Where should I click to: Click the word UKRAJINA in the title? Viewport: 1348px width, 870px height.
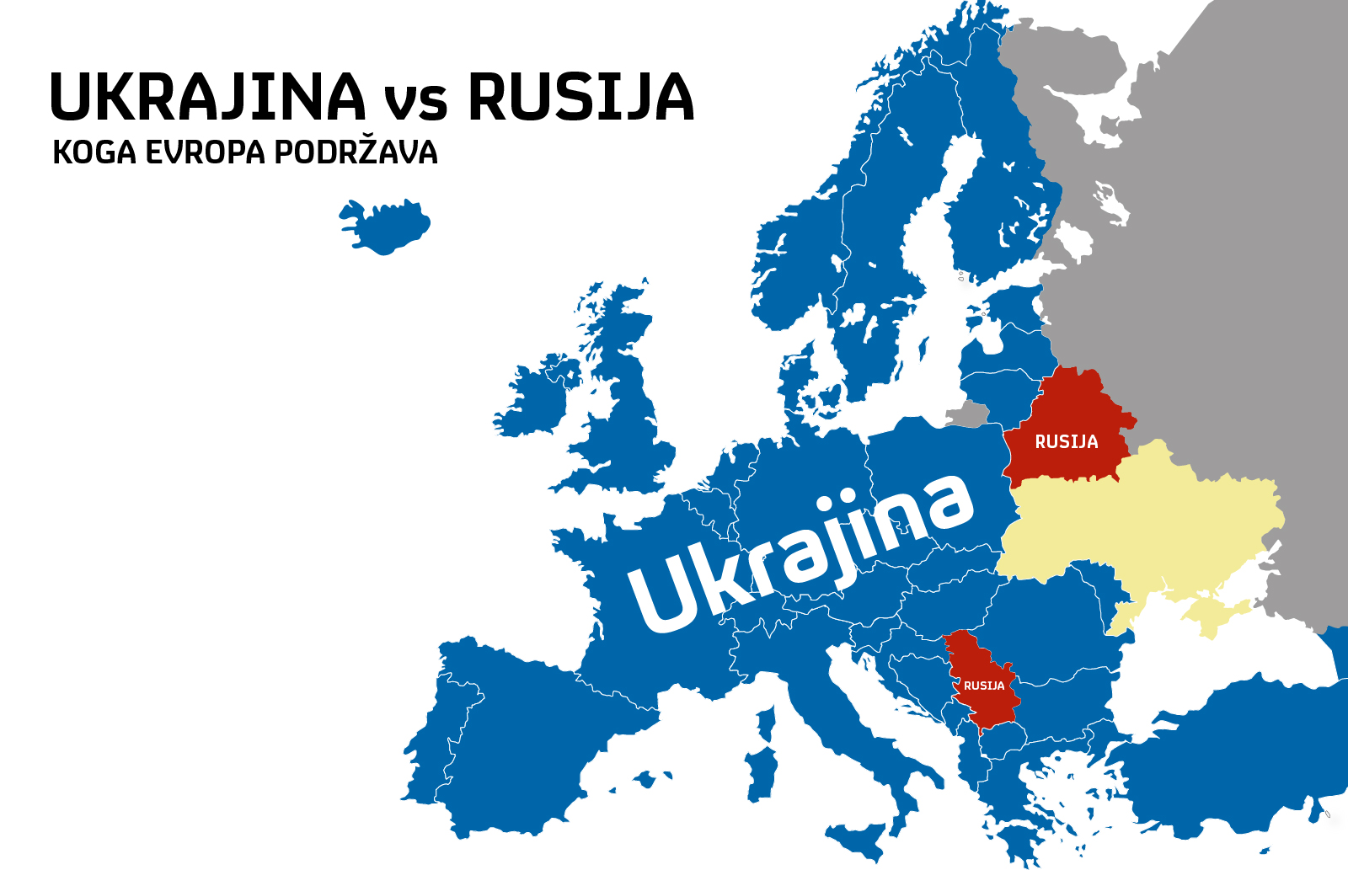click(x=207, y=98)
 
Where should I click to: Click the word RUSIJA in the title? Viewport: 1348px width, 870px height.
click(x=580, y=98)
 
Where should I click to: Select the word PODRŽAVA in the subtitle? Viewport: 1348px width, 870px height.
click(x=356, y=152)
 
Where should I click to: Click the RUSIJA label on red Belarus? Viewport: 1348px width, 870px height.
click(x=1066, y=442)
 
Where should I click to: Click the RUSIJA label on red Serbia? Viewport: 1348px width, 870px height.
click(x=984, y=686)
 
